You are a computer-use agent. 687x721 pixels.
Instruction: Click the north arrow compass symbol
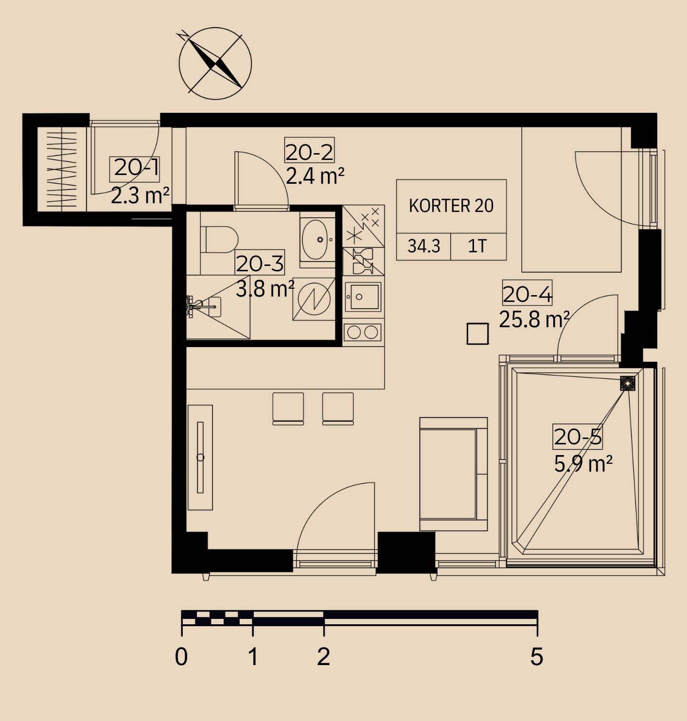click(215, 63)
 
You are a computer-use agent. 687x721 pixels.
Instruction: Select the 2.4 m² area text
click(315, 176)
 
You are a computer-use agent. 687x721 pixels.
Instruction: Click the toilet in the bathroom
click(219, 240)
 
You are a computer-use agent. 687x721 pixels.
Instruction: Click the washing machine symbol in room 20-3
click(314, 299)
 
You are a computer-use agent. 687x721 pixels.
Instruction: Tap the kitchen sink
click(363, 297)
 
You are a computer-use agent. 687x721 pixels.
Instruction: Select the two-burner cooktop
click(362, 333)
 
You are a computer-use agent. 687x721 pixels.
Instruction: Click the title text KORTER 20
click(451, 206)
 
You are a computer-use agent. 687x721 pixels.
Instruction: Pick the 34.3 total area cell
click(423, 246)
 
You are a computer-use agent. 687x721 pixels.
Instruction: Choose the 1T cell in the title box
click(478, 246)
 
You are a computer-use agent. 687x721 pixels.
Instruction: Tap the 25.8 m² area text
click(534, 319)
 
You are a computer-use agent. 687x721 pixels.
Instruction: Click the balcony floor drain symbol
click(628, 383)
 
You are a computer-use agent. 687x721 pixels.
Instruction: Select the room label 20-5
click(578, 437)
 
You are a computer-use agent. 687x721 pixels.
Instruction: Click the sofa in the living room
click(453, 474)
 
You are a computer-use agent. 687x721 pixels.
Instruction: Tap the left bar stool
click(288, 408)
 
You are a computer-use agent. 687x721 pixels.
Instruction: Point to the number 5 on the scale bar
click(537, 656)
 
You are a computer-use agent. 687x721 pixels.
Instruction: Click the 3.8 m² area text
click(265, 289)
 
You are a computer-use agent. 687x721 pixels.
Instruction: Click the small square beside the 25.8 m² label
click(477, 334)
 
